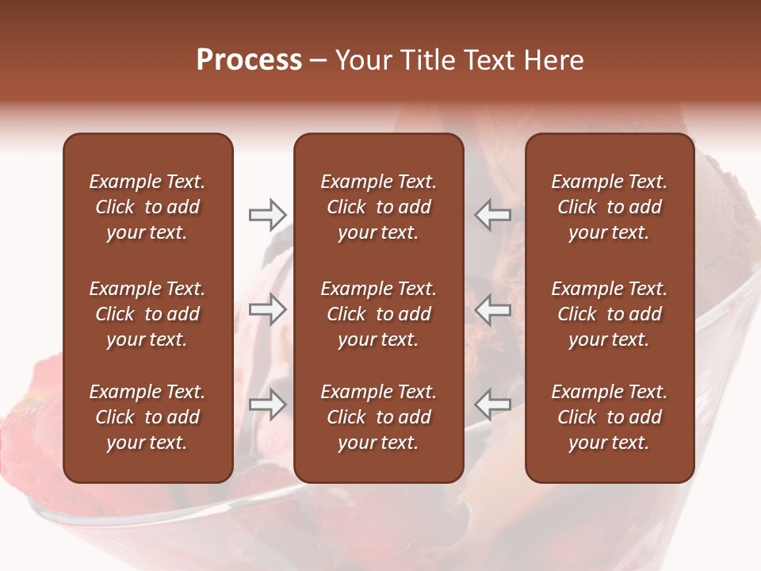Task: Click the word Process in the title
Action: [x=249, y=60]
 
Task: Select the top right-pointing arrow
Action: [x=267, y=215]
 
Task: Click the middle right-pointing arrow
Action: [x=267, y=309]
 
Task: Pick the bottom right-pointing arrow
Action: [x=267, y=404]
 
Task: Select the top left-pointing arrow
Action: [x=493, y=215]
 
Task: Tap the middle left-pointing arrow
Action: [x=493, y=309]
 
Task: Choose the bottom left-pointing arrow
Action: [x=493, y=404]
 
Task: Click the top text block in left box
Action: [x=147, y=207]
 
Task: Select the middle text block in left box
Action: [x=147, y=314]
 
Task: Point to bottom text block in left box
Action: [x=147, y=417]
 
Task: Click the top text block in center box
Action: [x=378, y=207]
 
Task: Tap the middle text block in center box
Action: [x=378, y=314]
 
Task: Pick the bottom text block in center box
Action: [x=378, y=417]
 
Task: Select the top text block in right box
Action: [x=610, y=207]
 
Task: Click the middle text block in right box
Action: [x=610, y=314]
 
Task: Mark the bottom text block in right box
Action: [x=610, y=417]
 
